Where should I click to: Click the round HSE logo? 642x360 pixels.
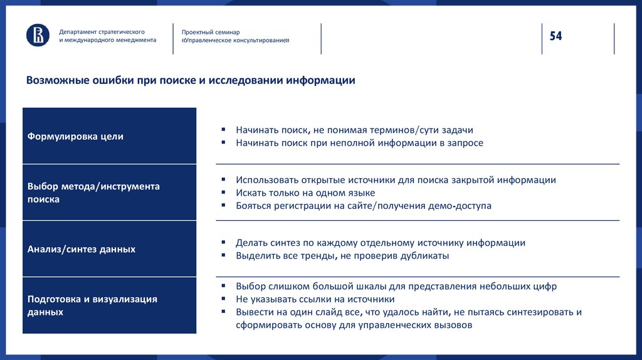tap(38, 35)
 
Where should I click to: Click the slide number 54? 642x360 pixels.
tap(556, 36)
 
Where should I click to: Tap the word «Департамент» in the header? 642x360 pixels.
tap(80, 31)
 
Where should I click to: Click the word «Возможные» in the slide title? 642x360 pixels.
tap(56, 81)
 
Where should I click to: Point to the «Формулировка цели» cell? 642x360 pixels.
tap(109, 136)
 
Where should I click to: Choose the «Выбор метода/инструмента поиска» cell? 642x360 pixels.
tap(109, 193)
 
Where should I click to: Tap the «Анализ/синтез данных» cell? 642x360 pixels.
tap(109, 249)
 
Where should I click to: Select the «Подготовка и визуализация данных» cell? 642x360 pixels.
tap(109, 305)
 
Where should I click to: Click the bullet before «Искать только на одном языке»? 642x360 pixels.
tap(223, 193)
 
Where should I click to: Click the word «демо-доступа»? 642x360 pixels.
tap(461, 206)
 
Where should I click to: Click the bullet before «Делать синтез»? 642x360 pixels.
tap(223, 243)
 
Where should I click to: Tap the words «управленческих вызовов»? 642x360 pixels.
tap(414, 325)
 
